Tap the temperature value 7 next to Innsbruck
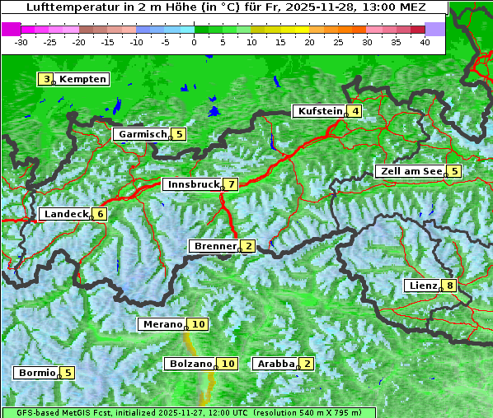coord(232,184)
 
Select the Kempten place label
coord(82,79)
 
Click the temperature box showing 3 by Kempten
coord(47,79)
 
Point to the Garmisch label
coord(143,134)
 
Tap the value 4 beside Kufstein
coord(354,111)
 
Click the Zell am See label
coord(411,171)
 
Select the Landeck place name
coord(66,214)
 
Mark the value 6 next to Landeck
coord(100,214)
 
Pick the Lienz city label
coord(423,286)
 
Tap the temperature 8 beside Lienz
coord(448,286)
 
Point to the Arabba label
coord(276,364)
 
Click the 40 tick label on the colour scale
coord(425,41)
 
